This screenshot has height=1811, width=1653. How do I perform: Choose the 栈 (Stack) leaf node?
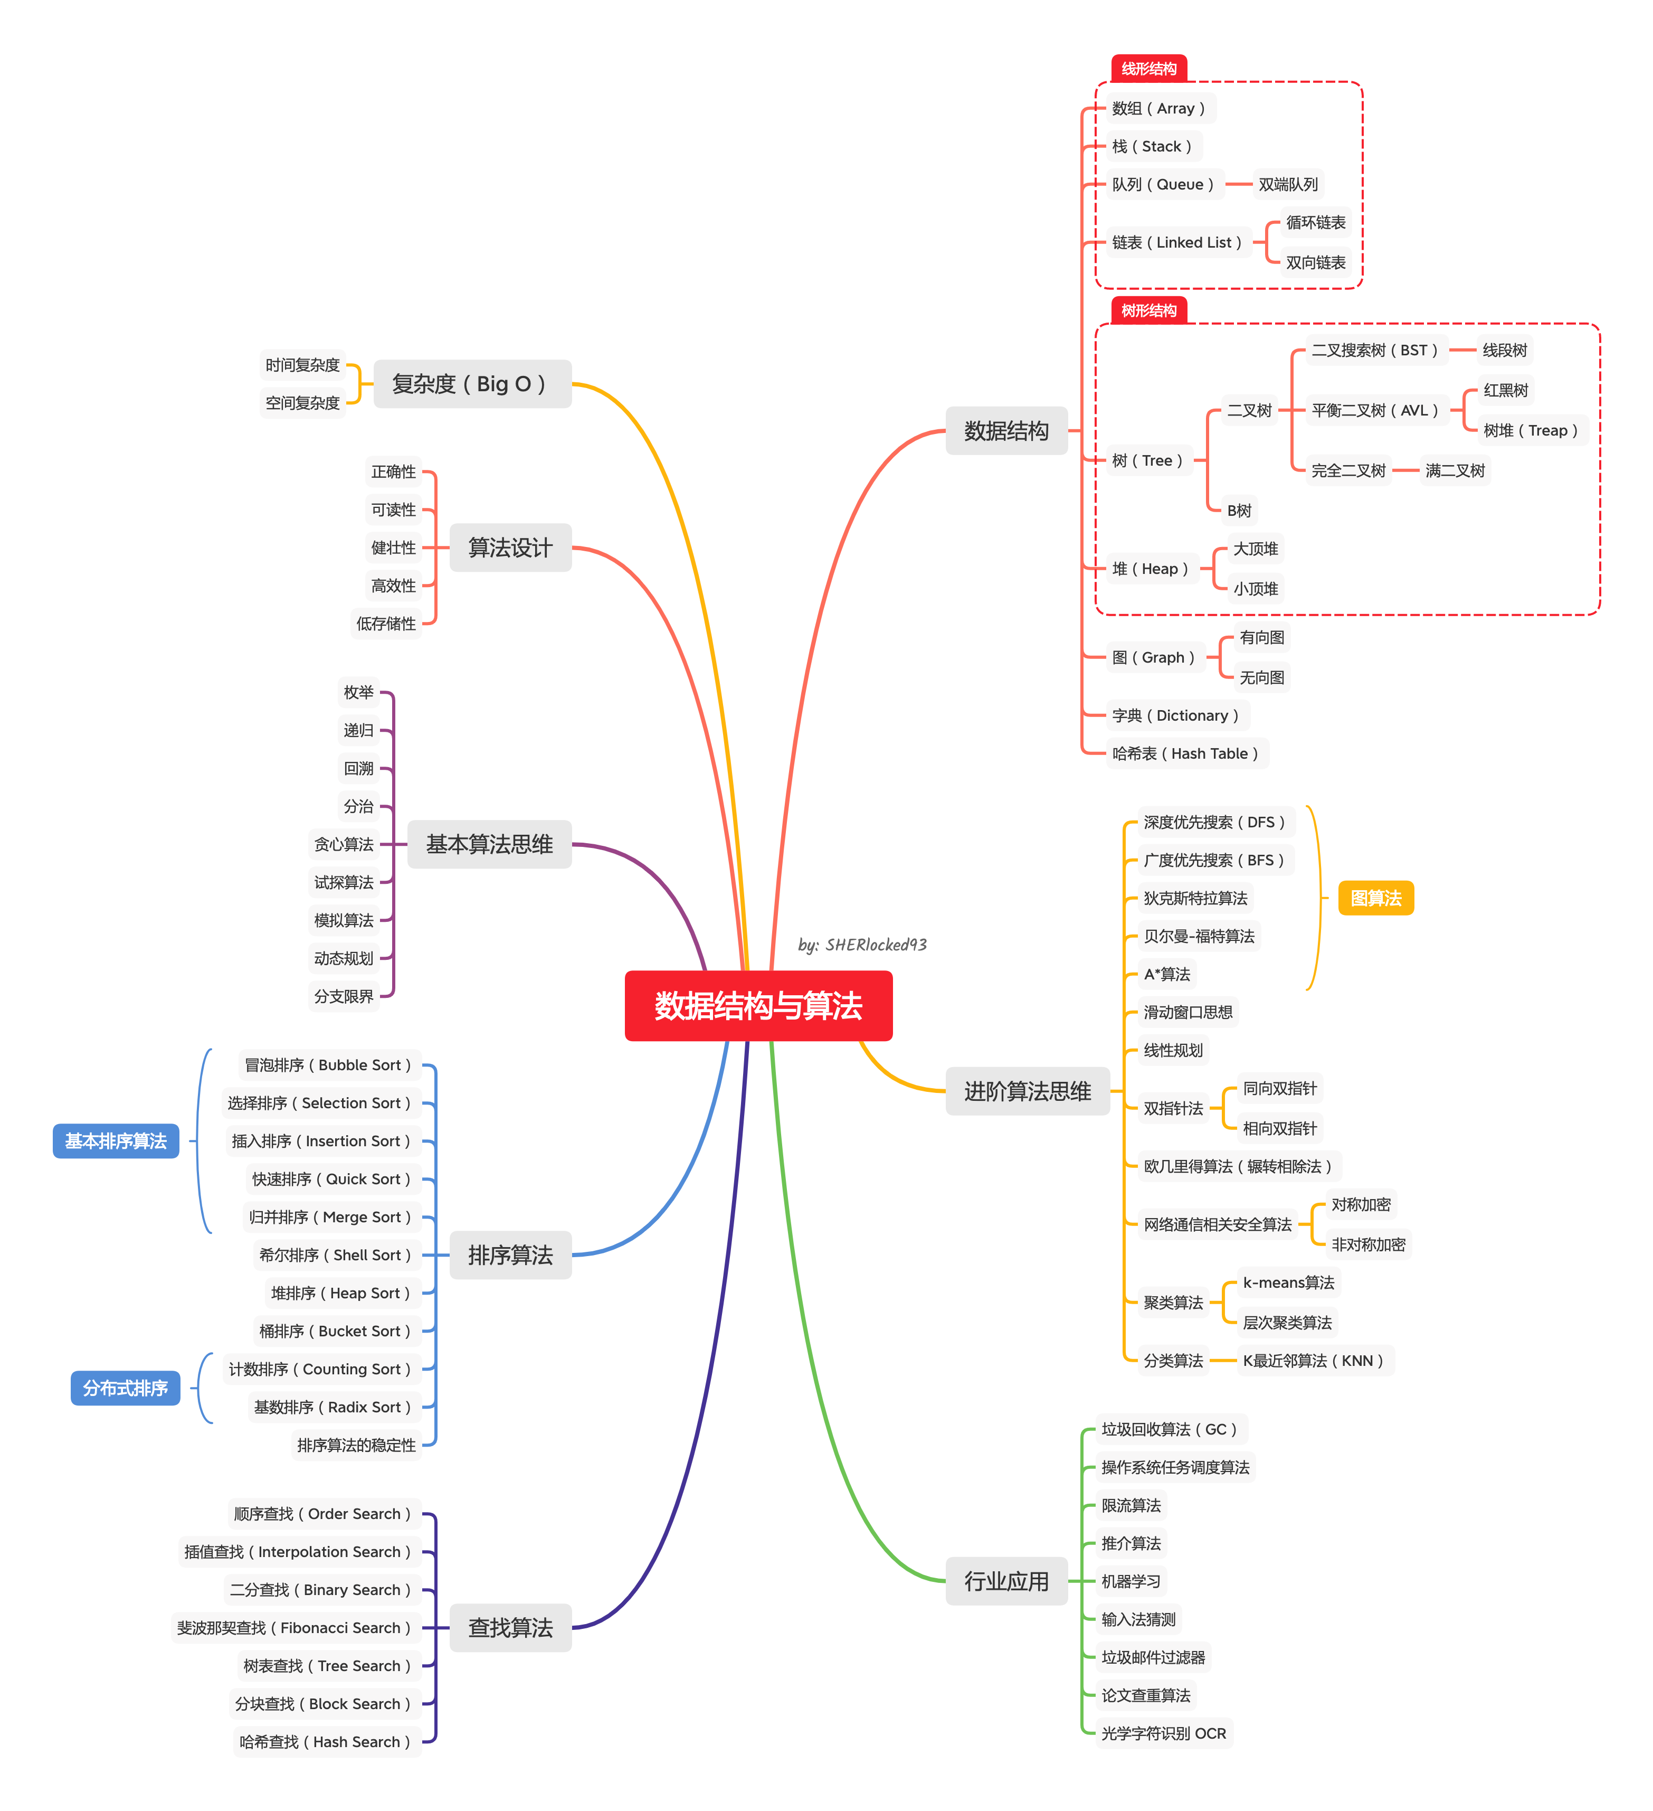(x=1153, y=146)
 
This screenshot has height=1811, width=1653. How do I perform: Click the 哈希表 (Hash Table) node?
(x=1186, y=753)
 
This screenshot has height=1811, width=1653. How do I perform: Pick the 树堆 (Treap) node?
(x=1531, y=430)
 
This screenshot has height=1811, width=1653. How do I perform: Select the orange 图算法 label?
(x=1375, y=898)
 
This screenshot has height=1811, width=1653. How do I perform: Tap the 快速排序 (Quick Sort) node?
(x=332, y=1178)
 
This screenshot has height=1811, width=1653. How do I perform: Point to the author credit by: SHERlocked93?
(x=862, y=944)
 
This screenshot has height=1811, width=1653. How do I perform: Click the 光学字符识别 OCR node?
(x=1164, y=1733)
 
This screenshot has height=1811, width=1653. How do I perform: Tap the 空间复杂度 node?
(x=302, y=402)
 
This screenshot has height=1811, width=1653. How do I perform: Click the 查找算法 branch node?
(x=510, y=1628)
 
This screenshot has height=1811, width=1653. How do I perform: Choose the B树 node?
(x=1239, y=510)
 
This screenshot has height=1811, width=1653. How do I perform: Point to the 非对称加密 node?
(x=1367, y=1244)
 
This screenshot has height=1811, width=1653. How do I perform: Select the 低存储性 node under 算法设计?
(x=386, y=624)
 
